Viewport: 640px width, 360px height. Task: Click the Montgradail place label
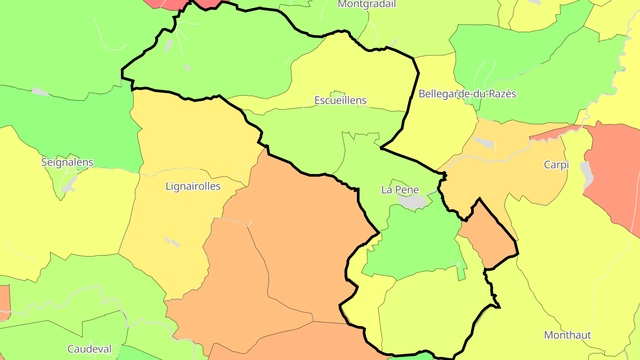(x=367, y=4)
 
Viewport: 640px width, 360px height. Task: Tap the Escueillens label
(x=340, y=100)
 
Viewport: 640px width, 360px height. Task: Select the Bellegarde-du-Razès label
(x=467, y=94)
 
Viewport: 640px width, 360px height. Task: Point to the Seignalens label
(x=68, y=162)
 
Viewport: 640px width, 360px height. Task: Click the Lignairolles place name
(x=193, y=186)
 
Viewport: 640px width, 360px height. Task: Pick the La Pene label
(x=400, y=190)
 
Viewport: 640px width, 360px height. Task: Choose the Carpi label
(x=556, y=165)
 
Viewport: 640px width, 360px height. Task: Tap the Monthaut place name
(x=568, y=335)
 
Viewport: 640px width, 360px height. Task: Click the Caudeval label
(x=89, y=349)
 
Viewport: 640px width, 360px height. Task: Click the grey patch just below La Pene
(x=412, y=202)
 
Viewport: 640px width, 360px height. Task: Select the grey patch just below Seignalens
(x=69, y=184)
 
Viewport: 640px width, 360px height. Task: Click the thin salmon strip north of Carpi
(x=556, y=132)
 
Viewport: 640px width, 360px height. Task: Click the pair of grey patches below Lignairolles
(x=172, y=242)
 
